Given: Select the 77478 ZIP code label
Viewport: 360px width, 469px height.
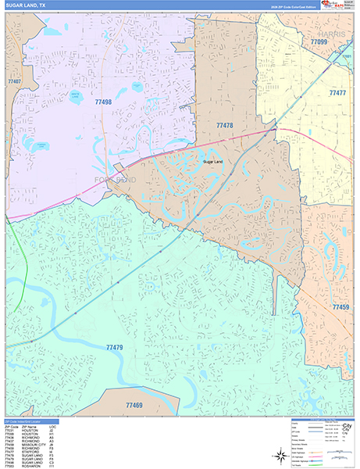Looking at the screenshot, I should point(225,125).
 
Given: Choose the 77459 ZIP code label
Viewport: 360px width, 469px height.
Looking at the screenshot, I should point(340,307).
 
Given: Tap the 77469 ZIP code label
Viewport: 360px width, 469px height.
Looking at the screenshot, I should point(133,406).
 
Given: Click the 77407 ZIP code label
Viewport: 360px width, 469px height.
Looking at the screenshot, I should point(13,81).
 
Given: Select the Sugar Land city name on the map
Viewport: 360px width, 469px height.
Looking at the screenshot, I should point(212,162).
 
